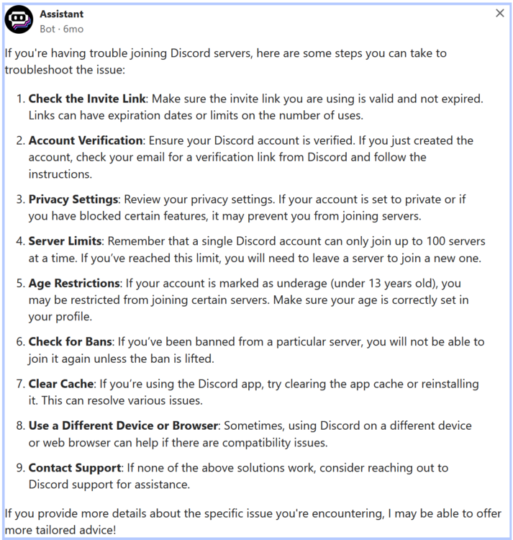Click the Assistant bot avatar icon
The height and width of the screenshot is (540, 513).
tap(19, 19)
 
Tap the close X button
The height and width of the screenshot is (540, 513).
tap(500, 14)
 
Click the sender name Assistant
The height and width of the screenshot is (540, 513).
tap(62, 14)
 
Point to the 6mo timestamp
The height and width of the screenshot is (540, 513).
tap(73, 29)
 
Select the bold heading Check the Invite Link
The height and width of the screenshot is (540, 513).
tap(87, 99)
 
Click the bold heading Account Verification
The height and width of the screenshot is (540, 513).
tap(86, 140)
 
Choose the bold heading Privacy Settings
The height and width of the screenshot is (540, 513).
tap(73, 199)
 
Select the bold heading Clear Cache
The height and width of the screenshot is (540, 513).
tap(61, 384)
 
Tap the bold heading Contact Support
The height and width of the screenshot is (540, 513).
tap(75, 468)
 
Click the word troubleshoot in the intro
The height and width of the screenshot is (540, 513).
tap(37, 70)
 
